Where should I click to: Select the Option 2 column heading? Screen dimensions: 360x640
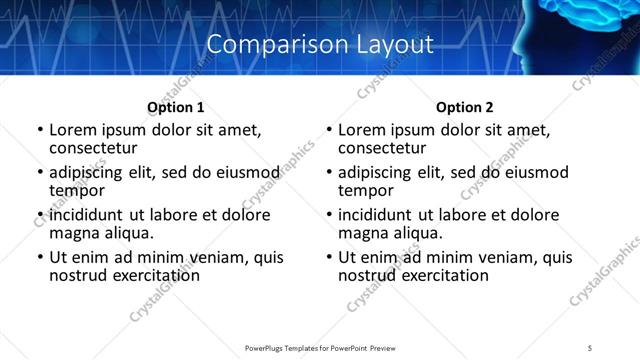(x=464, y=107)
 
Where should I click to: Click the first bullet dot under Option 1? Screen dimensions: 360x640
(x=40, y=130)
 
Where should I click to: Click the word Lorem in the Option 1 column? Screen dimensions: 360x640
(x=74, y=129)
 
